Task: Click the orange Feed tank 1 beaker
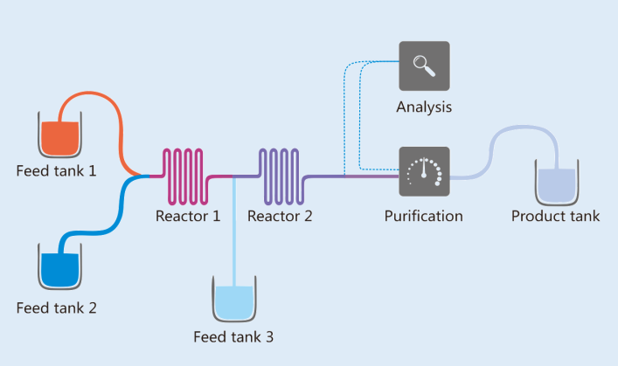click(x=60, y=135)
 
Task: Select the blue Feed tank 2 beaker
click(x=60, y=266)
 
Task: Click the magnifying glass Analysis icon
click(x=424, y=66)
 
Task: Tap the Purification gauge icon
click(x=424, y=172)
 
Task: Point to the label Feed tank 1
click(x=56, y=170)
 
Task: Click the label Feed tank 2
click(x=56, y=307)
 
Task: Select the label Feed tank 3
click(x=233, y=336)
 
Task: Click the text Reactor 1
click(x=188, y=215)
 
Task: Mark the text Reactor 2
click(x=280, y=215)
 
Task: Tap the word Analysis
click(x=424, y=108)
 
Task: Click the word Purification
click(x=424, y=215)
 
